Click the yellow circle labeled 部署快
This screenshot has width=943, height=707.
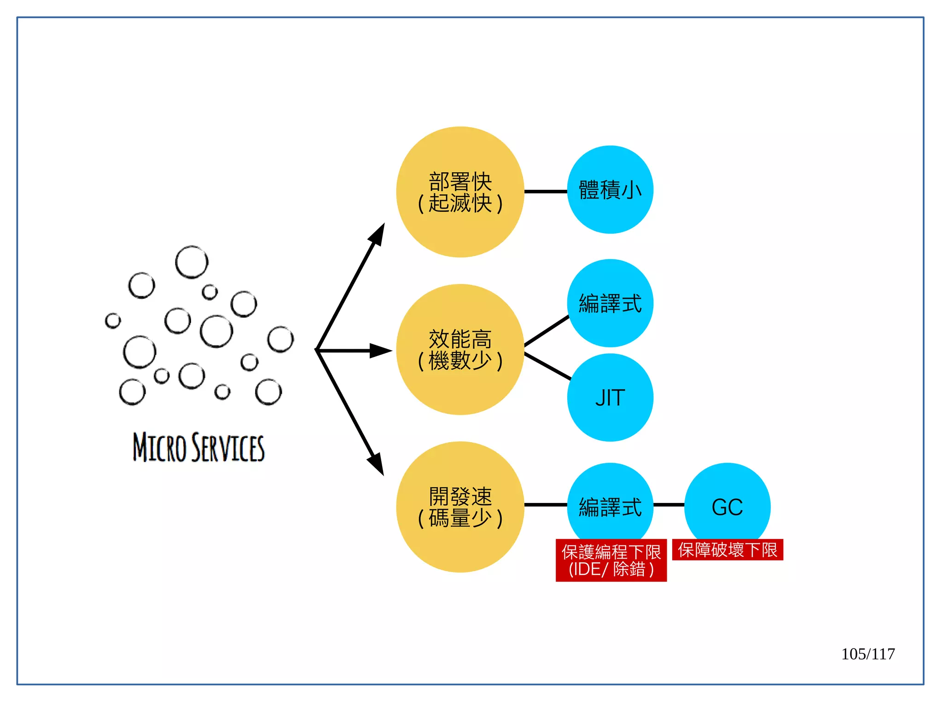tap(460, 192)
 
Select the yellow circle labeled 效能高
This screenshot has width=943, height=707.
tap(460, 350)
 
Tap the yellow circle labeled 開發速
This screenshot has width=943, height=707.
tap(460, 507)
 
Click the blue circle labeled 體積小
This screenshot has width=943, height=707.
tap(610, 190)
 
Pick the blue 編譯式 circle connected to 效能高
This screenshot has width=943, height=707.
tap(610, 303)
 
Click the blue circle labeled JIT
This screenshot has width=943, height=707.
tap(610, 397)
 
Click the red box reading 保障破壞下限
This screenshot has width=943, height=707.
tap(728, 550)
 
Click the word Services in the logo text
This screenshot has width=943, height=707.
tap(228, 447)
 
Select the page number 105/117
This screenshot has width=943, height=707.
tap(868, 654)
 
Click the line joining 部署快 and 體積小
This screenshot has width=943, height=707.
tap(546, 192)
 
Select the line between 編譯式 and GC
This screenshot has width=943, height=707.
tap(669, 505)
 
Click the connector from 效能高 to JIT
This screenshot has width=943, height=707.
tap(547, 367)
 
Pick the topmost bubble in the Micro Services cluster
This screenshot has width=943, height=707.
tap(192, 262)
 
